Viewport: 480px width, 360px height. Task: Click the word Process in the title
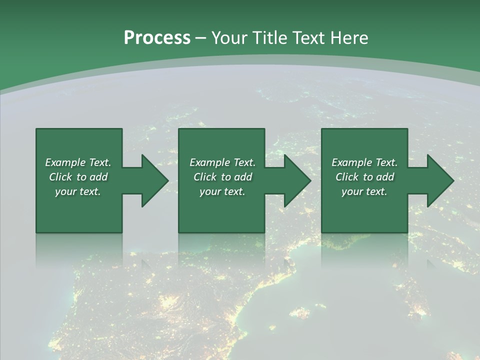coord(157,38)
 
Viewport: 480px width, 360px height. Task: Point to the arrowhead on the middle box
coord(296,180)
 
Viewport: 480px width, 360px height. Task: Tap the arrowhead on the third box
coord(439,180)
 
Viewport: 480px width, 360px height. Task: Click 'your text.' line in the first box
coord(78,191)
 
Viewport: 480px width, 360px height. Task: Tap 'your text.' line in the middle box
coord(222,191)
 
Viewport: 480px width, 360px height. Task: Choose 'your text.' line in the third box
coord(364,191)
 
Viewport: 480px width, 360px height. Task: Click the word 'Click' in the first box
coord(60,177)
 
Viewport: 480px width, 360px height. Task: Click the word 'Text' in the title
coord(310,38)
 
